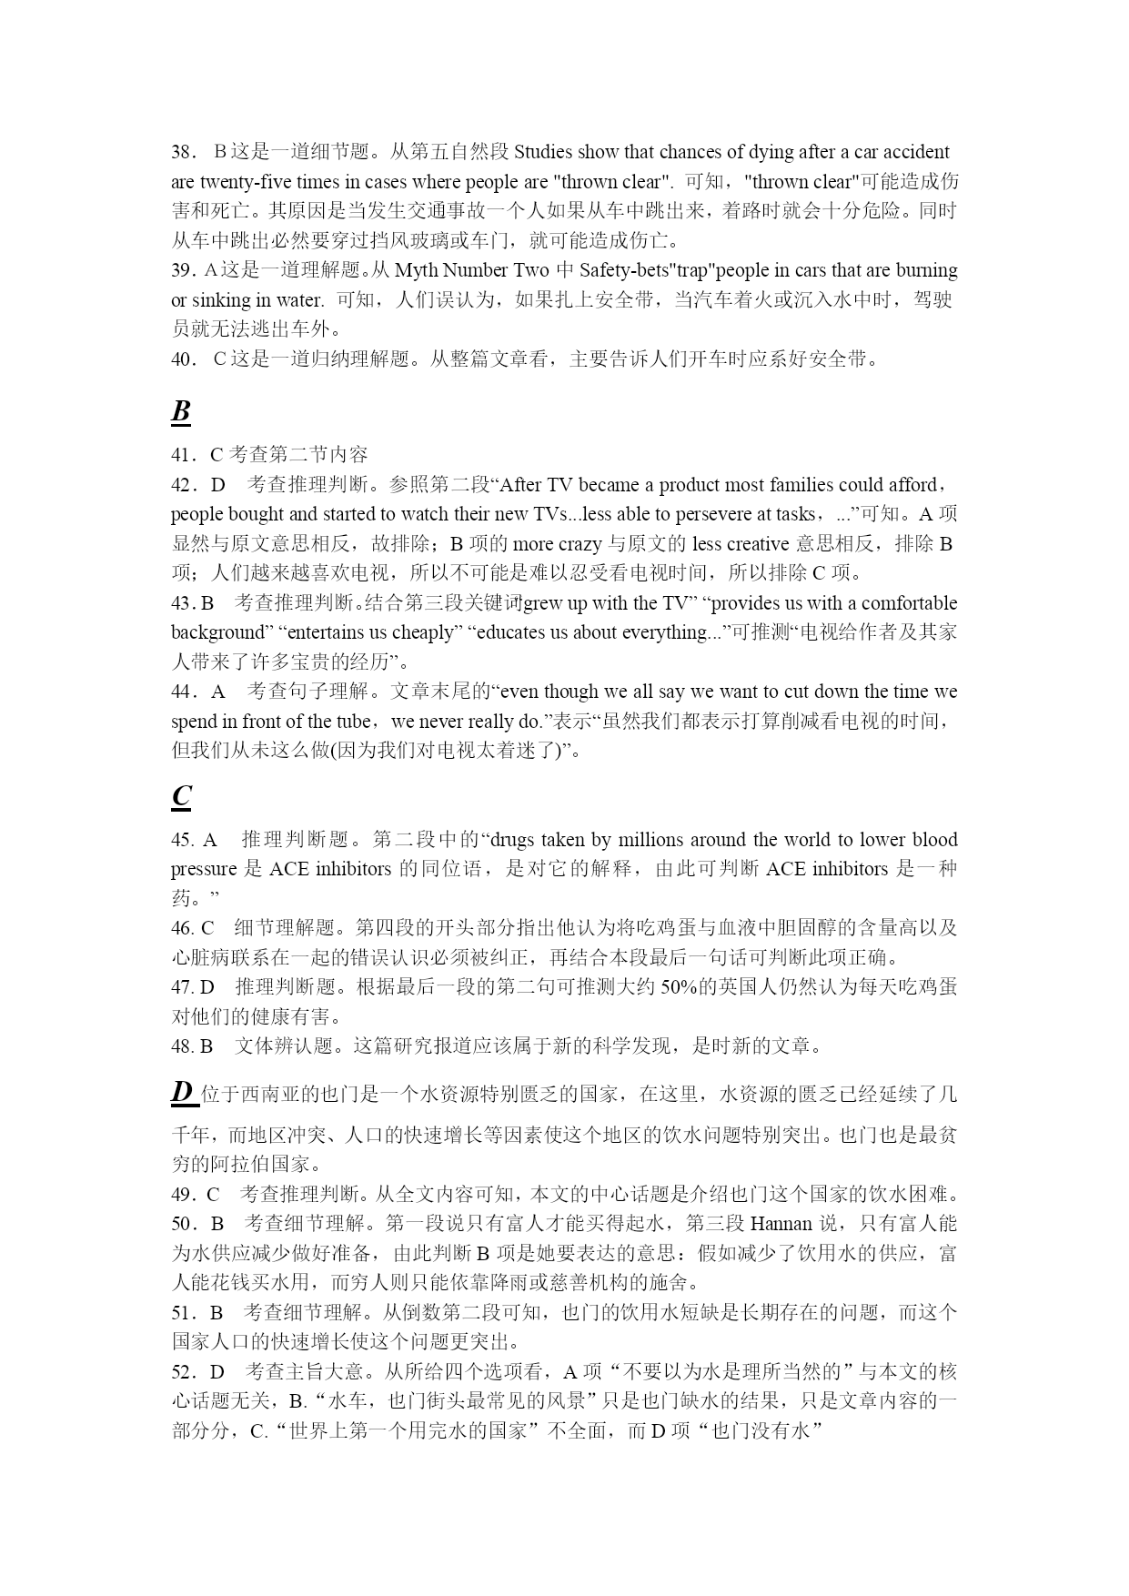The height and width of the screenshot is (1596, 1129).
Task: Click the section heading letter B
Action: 181,411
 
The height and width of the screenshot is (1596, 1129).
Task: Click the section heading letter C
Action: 181,796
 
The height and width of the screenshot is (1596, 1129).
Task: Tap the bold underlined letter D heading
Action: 183,1091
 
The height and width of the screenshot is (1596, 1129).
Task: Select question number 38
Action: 184,152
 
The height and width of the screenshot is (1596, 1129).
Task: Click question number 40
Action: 184,359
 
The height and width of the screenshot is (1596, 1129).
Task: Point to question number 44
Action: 184,692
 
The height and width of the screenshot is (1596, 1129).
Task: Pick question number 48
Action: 182,1045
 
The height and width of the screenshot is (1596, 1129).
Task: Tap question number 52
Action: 184,1371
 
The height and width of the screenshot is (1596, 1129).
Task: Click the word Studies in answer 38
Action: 543,152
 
